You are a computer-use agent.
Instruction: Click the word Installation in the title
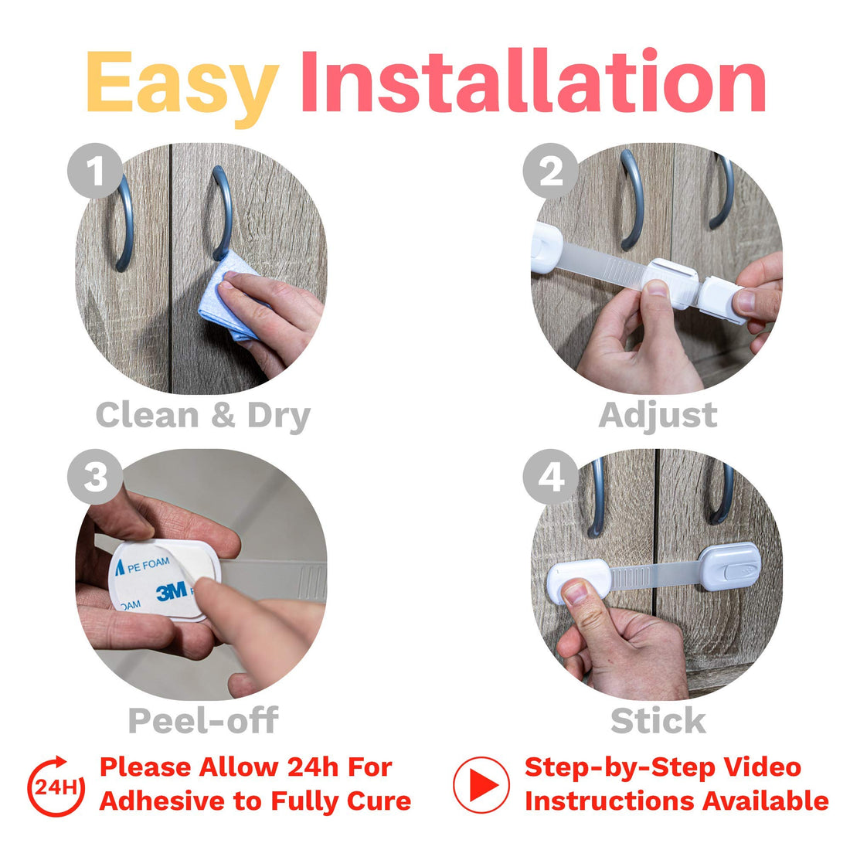[x=532, y=82]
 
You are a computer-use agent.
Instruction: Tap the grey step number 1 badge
[x=95, y=171]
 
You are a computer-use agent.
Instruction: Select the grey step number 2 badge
[x=550, y=171]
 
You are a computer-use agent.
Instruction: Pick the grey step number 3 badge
[x=95, y=477]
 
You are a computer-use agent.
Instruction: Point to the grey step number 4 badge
[x=550, y=477]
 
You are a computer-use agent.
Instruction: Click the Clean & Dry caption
[x=202, y=416]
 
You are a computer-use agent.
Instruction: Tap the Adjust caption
[x=658, y=416]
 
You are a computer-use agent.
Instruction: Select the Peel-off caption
[x=202, y=720]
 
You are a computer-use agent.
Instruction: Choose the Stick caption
[x=658, y=720]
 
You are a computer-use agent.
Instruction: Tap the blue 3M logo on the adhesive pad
[x=172, y=592]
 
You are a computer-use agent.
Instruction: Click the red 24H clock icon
[x=56, y=786]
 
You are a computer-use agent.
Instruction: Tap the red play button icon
[x=481, y=785]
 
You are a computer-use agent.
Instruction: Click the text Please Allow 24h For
[x=246, y=767]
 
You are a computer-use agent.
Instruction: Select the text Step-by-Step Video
[x=662, y=767]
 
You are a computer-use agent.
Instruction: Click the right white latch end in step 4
[x=729, y=567]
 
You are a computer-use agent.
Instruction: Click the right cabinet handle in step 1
[x=222, y=212]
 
